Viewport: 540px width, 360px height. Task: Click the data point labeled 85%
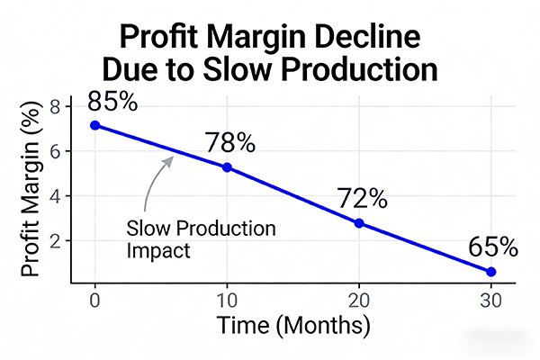[x=95, y=125]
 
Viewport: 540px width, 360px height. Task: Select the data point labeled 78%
[x=227, y=167]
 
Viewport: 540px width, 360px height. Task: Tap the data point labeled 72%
[x=359, y=222]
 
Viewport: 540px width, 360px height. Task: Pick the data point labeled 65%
[x=490, y=272]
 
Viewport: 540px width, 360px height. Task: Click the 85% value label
[x=112, y=101]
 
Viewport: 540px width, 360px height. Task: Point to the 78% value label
[x=229, y=142]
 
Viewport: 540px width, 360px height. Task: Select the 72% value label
[x=362, y=198]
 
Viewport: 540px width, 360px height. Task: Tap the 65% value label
[x=492, y=247]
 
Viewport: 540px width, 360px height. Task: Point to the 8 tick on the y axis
[x=53, y=107]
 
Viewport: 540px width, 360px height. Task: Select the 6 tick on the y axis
[x=53, y=152]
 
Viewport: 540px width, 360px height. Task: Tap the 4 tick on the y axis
[x=53, y=196]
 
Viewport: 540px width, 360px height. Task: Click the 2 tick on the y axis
[x=53, y=241]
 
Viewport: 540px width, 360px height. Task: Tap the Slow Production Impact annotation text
[x=202, y=239]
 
